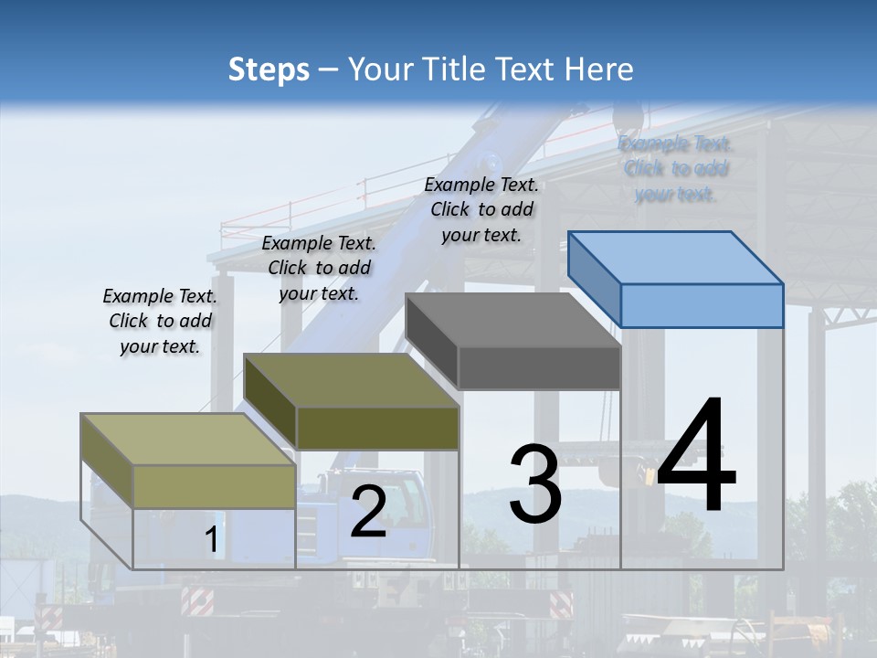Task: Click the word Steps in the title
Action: tap(269, 69)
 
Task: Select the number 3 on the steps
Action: tap(534, 483)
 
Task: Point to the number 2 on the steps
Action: tap(368, 512)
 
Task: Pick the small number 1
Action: tap(211, 540)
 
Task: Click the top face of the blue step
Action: tap(676, 257)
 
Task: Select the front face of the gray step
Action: tap(539, 368)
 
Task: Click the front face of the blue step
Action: tap(702, 305)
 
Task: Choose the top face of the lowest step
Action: tap(188, 440)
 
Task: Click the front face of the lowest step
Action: tap(214, 486)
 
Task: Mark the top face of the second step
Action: tap(352, 380)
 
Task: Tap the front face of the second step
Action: tap(377, 428)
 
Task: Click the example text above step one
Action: tap(160, 321)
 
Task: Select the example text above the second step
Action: tap(319, 268)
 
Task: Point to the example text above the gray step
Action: tap(481, 209)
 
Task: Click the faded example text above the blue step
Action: tap(675, 168)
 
